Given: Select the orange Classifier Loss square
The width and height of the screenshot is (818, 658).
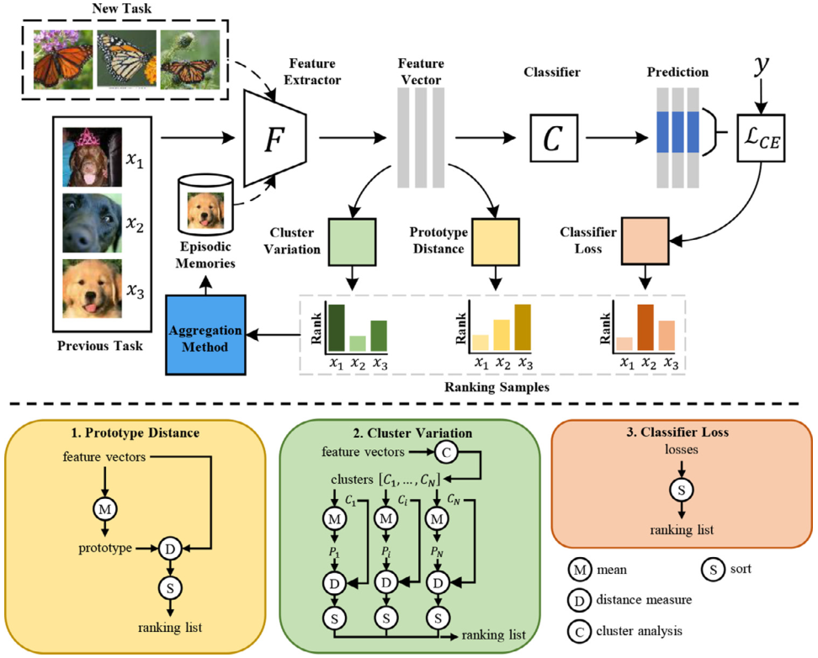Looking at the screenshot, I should (x=645, y=240).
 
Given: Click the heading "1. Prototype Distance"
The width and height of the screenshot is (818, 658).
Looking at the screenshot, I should (x=135, y=433).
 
